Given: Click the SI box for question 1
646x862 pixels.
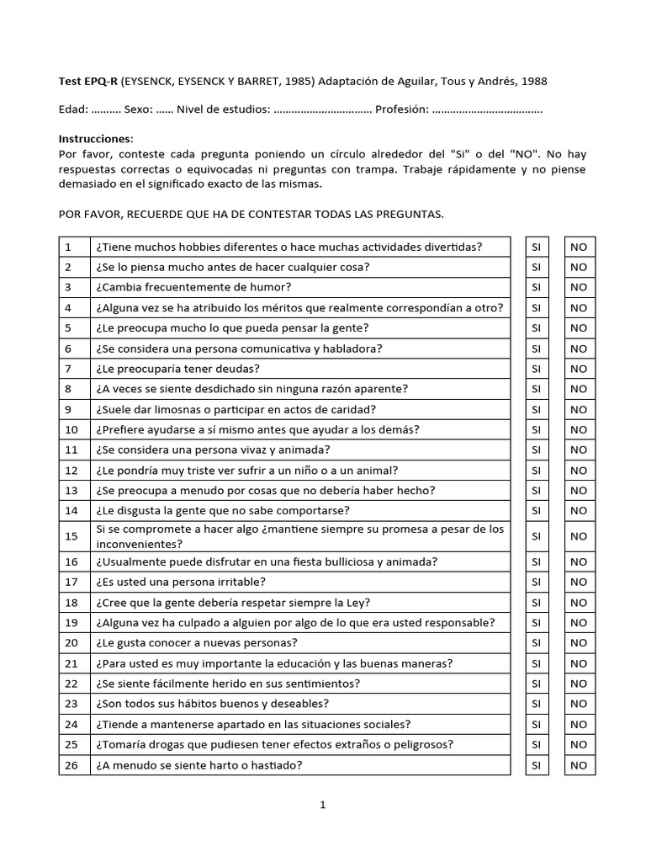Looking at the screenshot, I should click(x=537, y=247).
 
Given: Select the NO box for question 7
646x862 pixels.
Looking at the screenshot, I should click(x=579, y=369).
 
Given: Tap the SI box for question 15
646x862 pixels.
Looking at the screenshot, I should click(x=537, y=536).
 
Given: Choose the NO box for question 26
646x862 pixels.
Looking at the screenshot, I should click(x=579, y=765).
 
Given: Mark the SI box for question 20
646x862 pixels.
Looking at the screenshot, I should click(x=537, y=643).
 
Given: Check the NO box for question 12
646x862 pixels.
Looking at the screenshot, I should click(x=579, y=471).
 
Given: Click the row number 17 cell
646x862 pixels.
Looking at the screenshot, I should click(x=73, y=582).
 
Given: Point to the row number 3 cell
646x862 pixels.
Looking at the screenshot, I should click(x=73, y=287).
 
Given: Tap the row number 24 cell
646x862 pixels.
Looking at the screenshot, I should click(x=73, y=724).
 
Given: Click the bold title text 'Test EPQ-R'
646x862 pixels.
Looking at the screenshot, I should click(x=89, y=81).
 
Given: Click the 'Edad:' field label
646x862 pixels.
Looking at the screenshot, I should click(x=72, y=109).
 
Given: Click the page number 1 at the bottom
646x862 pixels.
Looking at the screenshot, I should click(x=322, y=805).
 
